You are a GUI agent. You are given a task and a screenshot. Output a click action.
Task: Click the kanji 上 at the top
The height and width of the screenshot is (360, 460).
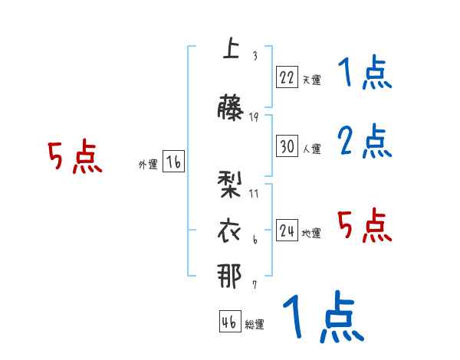coord(229,49)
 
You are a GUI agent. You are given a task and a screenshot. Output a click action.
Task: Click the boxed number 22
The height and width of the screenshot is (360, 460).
coord(287,77)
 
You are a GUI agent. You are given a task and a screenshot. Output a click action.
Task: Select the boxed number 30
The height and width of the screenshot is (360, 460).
coord(287,146)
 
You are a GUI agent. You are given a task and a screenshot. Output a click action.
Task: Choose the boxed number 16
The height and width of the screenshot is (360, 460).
coord(172,162)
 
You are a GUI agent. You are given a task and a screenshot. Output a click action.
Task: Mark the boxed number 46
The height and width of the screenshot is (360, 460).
coord(229,322)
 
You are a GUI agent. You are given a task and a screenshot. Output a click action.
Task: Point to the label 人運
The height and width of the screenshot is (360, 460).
coord(311,149)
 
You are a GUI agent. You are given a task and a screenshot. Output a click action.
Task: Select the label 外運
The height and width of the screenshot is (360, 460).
coord(147,165)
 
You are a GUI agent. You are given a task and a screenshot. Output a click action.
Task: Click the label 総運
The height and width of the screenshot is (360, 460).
coord(254,325)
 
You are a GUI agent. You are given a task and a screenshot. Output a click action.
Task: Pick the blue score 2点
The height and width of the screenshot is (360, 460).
coord(364,141)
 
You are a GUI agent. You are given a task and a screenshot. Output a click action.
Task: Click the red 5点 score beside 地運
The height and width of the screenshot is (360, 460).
coord(364,225)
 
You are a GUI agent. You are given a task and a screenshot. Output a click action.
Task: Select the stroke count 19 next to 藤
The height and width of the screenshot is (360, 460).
coord(254,116)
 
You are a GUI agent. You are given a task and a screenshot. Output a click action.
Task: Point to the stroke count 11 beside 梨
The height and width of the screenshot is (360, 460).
coord(254,194)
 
